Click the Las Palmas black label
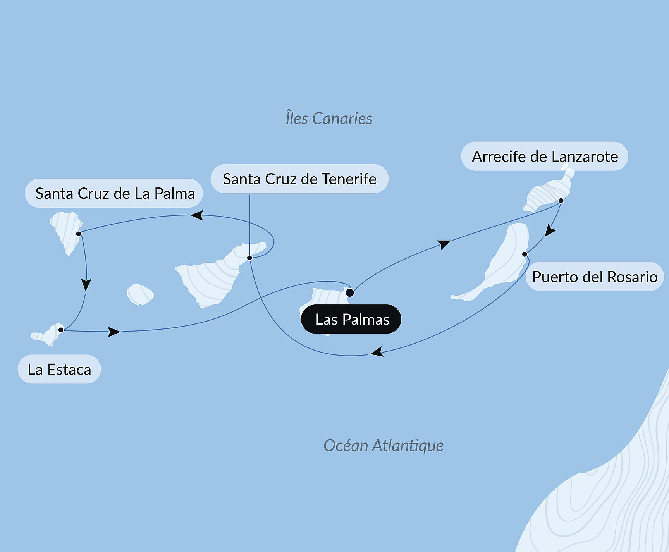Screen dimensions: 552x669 351,319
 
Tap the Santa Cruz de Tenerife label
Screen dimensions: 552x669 299,179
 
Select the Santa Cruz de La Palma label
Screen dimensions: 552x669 114,193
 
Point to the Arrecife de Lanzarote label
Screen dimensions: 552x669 544,156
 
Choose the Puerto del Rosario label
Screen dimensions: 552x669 594,277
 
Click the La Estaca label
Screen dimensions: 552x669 59,369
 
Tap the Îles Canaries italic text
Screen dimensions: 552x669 329,119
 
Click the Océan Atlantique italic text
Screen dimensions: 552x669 383,445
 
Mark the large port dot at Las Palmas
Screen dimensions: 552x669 349,292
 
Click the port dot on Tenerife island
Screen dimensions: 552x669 249,258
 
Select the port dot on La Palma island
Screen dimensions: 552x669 79,234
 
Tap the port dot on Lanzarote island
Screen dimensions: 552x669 561,201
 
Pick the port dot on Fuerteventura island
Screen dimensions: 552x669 525,255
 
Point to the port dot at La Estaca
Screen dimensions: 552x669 61,330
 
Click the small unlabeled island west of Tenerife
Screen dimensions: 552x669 140,294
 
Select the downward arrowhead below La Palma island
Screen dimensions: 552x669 86,285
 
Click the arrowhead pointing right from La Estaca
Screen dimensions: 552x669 114,332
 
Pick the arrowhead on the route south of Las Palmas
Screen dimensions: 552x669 377,352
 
